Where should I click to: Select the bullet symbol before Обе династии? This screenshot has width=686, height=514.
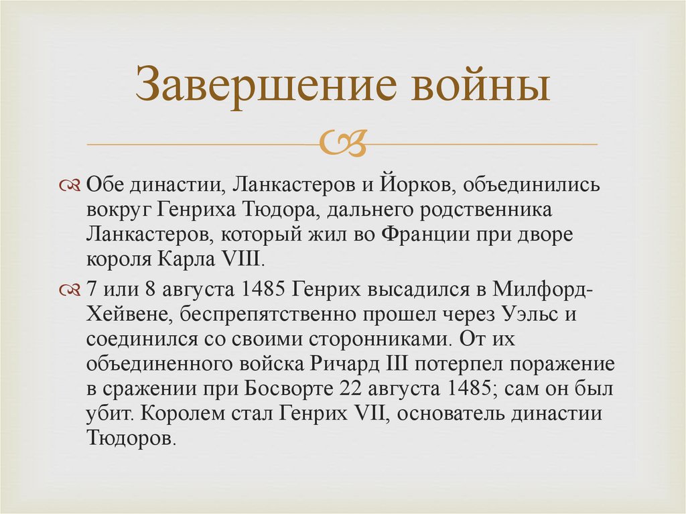point(71,184)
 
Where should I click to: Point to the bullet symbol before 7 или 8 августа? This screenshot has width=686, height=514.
point(71,289)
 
